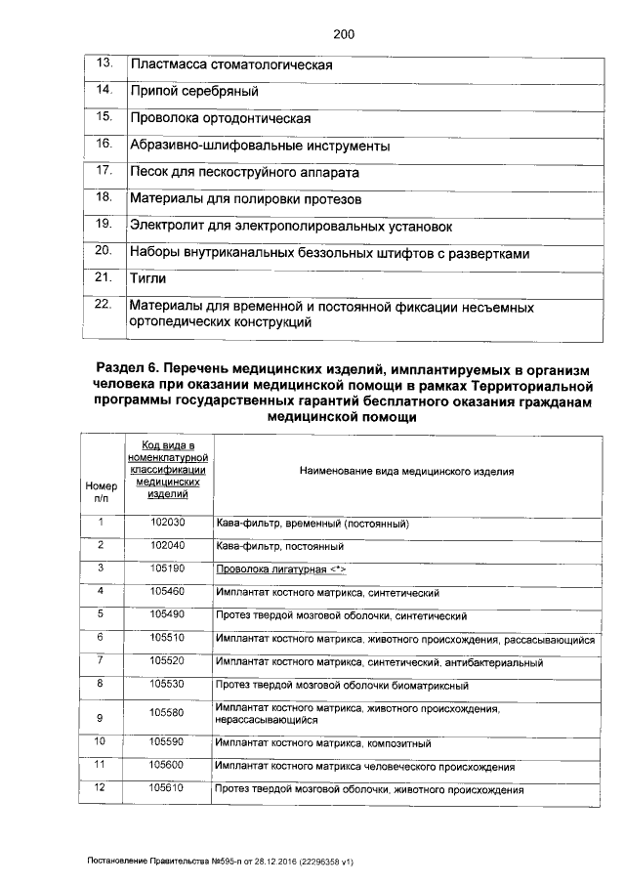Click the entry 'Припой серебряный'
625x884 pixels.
(193, 92)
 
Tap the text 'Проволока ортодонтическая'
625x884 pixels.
(220, 118)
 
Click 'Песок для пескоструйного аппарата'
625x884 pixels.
(244, 172)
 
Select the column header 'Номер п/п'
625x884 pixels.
(101, 490)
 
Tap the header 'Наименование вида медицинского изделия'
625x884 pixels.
(405, 471)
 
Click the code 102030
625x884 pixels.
(167, 523)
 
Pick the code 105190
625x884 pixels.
(167, 568)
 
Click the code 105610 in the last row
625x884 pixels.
(167, 787)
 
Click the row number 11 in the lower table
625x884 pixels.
(100, 764)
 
